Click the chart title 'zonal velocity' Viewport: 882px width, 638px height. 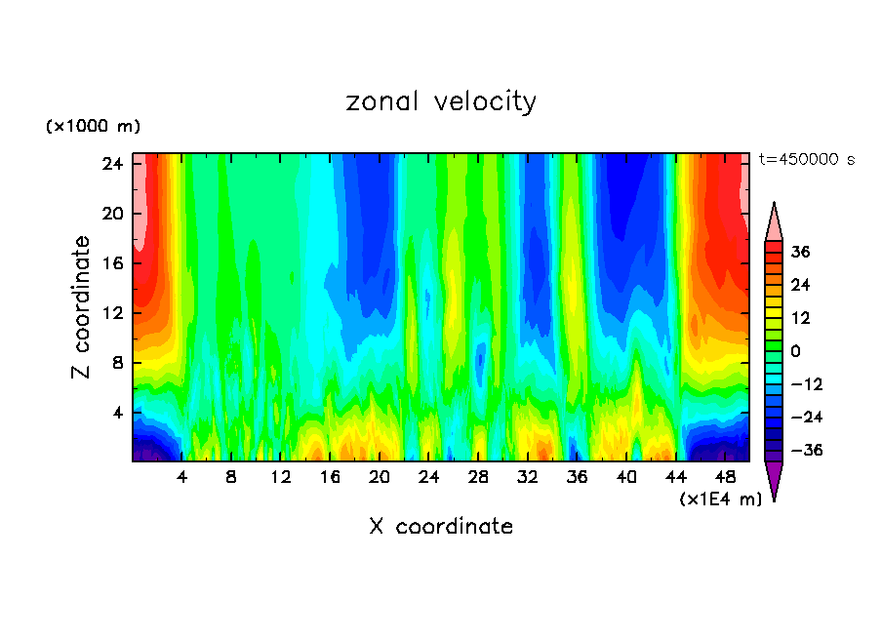[x=441, y=101]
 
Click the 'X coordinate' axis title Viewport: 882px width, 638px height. [x=441, y=527]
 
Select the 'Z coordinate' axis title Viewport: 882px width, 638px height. [x=81, y=307]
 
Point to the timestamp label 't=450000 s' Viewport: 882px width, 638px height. [x=806, y=159]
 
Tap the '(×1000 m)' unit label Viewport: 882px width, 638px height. [x=93, y=127]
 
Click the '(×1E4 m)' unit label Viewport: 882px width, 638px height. [x=721, y=499]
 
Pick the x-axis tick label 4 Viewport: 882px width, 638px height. [x=181, y=478]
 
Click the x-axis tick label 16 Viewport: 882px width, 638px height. [x=330, y=478]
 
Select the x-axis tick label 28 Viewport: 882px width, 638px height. [x=478, y=478]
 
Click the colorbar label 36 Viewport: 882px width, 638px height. [x=800, y=252]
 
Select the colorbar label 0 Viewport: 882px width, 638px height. [x=795, y=351]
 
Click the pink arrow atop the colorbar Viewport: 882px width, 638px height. [x=774, y=222]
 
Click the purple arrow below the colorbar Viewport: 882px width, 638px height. [x=774, y=479]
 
